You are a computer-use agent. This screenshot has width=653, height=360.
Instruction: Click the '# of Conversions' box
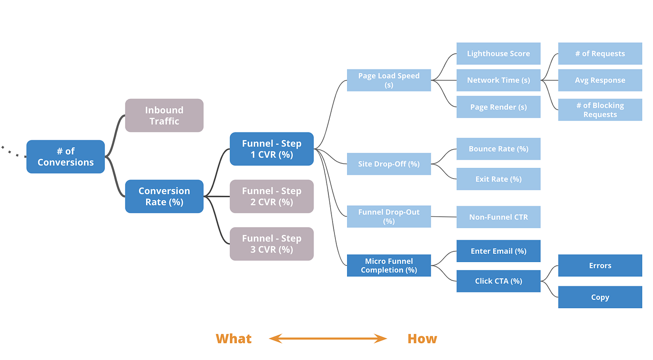tap(65, 157)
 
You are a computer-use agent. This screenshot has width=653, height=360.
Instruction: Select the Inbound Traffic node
tap(164, 115)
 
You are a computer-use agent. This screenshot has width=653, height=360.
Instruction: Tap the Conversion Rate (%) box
tap(164, 196)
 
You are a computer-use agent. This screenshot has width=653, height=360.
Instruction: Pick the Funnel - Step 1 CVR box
tap(271, 149)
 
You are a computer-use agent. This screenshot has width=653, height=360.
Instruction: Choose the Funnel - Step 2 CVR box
tap(271, 196)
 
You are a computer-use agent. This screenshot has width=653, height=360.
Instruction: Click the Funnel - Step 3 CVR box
tap(271, 244)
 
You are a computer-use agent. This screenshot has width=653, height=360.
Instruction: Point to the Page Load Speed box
tap(389, 80)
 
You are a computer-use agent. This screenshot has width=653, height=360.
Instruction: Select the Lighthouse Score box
tap(498, 54)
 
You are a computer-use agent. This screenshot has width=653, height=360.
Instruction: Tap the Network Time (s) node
tap(498, 80)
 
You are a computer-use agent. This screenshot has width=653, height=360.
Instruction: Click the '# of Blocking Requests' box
tap(600, 110)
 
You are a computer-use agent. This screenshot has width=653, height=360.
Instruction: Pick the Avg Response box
tap(600, 80)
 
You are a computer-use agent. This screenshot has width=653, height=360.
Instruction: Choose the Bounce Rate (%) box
tap(498, 149)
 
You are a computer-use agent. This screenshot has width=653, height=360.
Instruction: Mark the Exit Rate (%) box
tap(498, 179)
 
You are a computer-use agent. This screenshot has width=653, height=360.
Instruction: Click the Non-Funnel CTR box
tap(498, 217)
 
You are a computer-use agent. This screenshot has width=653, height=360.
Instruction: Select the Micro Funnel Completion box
tap(389, 265)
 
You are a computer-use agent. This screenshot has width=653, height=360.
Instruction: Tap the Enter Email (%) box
tap(498, 251)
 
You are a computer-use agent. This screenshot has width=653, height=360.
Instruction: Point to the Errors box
tap(600, 265)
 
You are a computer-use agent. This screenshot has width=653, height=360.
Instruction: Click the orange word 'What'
tap(234, 339)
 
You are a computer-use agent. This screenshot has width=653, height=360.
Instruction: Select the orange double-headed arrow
tap(328, 339)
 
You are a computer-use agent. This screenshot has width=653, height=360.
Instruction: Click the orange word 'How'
tap(422, 339)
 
